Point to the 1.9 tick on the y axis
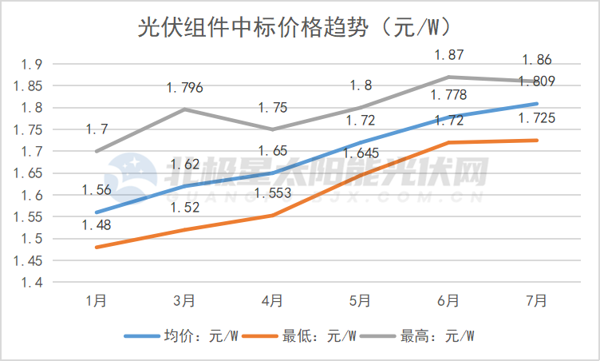point(34,64)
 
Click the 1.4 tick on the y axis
point(34,282)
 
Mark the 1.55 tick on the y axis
point(30,216)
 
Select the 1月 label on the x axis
point(97,300)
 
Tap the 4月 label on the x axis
point(272,300)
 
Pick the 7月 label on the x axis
point(536,300)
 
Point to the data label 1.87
point(448,55)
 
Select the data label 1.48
point(97,225)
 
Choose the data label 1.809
point(536,81)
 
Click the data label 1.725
point(536,119)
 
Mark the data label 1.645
point(361,153)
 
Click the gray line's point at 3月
point(184,109)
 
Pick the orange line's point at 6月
point(448,142)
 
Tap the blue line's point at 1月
point(97,212)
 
